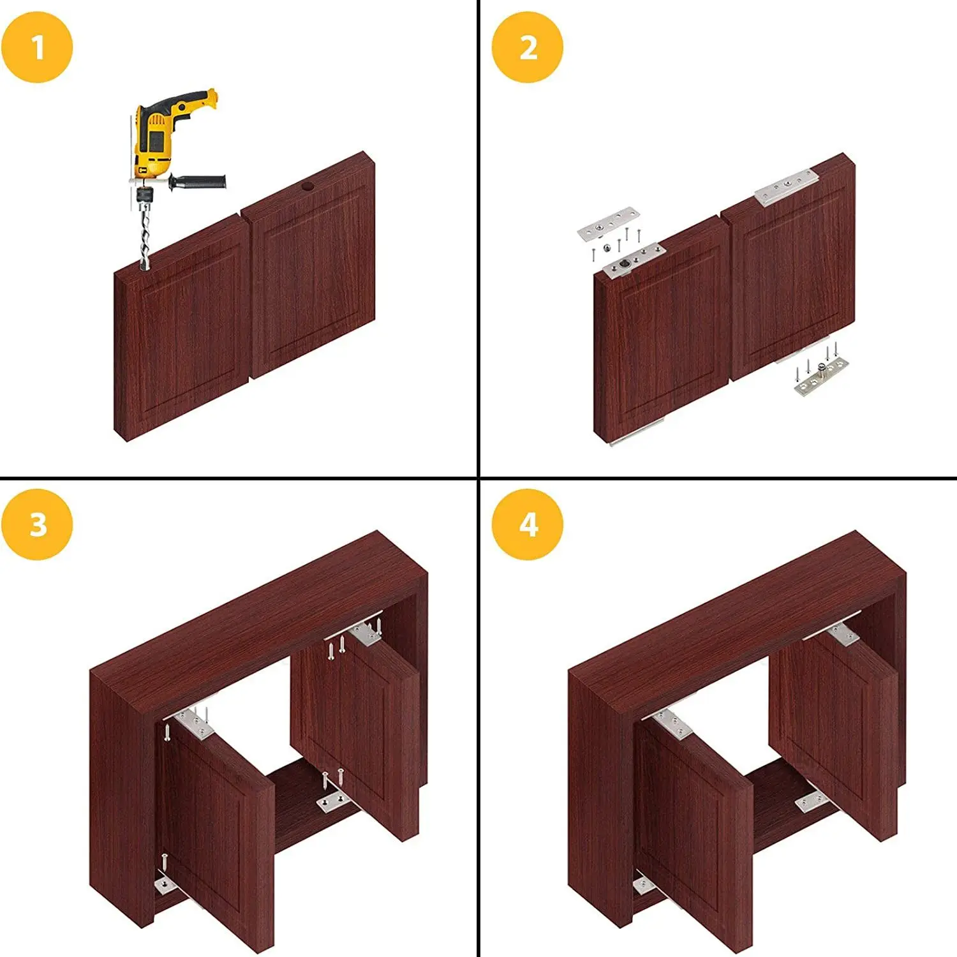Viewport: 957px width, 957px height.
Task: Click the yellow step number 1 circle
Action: click(37, 48)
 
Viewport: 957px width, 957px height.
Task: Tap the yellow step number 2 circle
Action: click(528, 48)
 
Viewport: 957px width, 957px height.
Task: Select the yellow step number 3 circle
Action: click(37, 524)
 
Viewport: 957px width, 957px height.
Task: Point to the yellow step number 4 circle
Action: click(528, 524)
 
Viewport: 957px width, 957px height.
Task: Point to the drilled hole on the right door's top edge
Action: click(308, 188)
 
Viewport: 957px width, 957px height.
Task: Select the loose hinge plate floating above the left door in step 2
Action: click(608, 223)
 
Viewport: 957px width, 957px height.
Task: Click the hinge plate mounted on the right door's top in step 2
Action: click(786, 187)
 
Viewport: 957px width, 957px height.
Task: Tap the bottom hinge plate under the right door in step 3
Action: click(334, 801)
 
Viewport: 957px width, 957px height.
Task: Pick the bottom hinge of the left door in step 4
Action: click(642, 885)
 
